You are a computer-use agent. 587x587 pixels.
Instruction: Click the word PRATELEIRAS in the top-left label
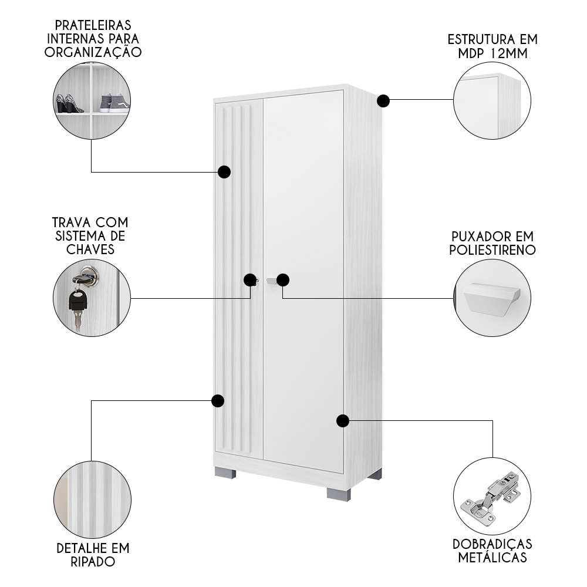tap(93, 25)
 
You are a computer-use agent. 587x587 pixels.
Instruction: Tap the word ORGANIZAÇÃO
tap(93, 51)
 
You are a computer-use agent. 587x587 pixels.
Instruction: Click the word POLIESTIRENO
tap(492, 249)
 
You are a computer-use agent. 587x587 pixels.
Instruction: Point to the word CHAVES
tap(90, 249)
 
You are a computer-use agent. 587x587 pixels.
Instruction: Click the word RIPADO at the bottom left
tap(93, 562)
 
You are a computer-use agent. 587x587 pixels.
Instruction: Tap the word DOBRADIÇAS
tap(492, 544)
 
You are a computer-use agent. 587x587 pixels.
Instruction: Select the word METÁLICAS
tap(492, 558)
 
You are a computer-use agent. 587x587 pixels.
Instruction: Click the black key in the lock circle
tap(77, 304)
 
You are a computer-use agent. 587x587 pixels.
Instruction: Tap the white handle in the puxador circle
tap(492, 297)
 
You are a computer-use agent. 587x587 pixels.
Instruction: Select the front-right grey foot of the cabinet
tap(339, 494)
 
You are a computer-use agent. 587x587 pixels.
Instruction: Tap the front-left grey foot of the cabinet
tap(225, 473)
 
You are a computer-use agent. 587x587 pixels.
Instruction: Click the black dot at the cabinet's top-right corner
tap(383, 101)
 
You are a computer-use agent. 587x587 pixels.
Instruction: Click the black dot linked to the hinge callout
tap(343, 421)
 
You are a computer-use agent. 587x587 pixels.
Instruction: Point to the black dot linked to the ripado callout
tap(218, 400)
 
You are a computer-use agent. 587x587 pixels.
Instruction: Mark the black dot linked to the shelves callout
tap(224, 172)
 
